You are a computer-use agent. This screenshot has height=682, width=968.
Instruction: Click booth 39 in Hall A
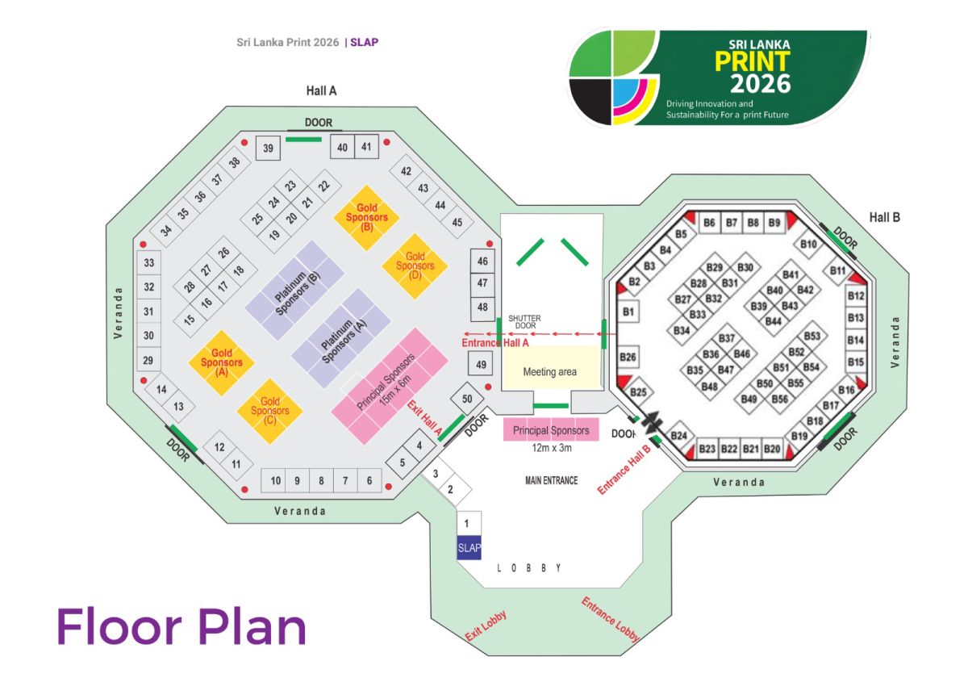pos(268,148)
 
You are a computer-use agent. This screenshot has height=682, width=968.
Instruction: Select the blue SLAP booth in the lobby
pos(469,547)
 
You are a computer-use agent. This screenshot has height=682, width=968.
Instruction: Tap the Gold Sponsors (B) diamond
pos(367,217)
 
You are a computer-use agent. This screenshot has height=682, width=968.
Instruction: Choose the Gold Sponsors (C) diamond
pos(270,411)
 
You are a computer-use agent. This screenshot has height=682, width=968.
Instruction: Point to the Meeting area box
pos(550,372)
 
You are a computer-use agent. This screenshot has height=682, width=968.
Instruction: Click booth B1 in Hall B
pos(629,312)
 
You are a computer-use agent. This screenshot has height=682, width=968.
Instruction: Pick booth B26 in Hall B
pos(629,357)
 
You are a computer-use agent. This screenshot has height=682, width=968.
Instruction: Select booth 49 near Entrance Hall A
pos(482,366)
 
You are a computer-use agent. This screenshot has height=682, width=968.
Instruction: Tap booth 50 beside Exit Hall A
pos(466,399)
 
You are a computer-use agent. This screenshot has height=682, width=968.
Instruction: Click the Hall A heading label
pos(321,91)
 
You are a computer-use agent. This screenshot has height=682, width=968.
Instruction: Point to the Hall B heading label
pos(885,217)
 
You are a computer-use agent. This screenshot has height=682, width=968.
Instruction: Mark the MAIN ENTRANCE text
pos(552,480)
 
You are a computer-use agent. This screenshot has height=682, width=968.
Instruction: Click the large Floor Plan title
pos(181,626)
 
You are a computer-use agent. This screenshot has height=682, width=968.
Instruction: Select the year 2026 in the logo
pos(760,83)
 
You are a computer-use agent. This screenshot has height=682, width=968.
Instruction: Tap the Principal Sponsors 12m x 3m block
pos(551,430)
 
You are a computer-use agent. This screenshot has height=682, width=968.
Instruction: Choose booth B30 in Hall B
pos(745,267)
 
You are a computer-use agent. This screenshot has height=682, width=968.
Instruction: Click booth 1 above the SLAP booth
pos(469,523)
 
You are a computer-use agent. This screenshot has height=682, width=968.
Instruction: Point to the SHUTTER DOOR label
pos(524,322)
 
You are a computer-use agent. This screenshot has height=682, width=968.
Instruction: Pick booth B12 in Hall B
pos(856,296)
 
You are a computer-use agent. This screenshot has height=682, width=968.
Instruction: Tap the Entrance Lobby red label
pos(611,620)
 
